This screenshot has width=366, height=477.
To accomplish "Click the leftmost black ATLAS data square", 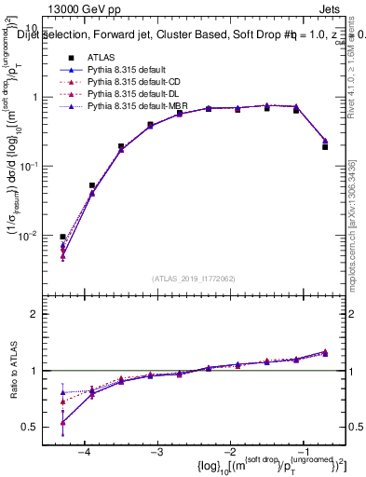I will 62,237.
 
